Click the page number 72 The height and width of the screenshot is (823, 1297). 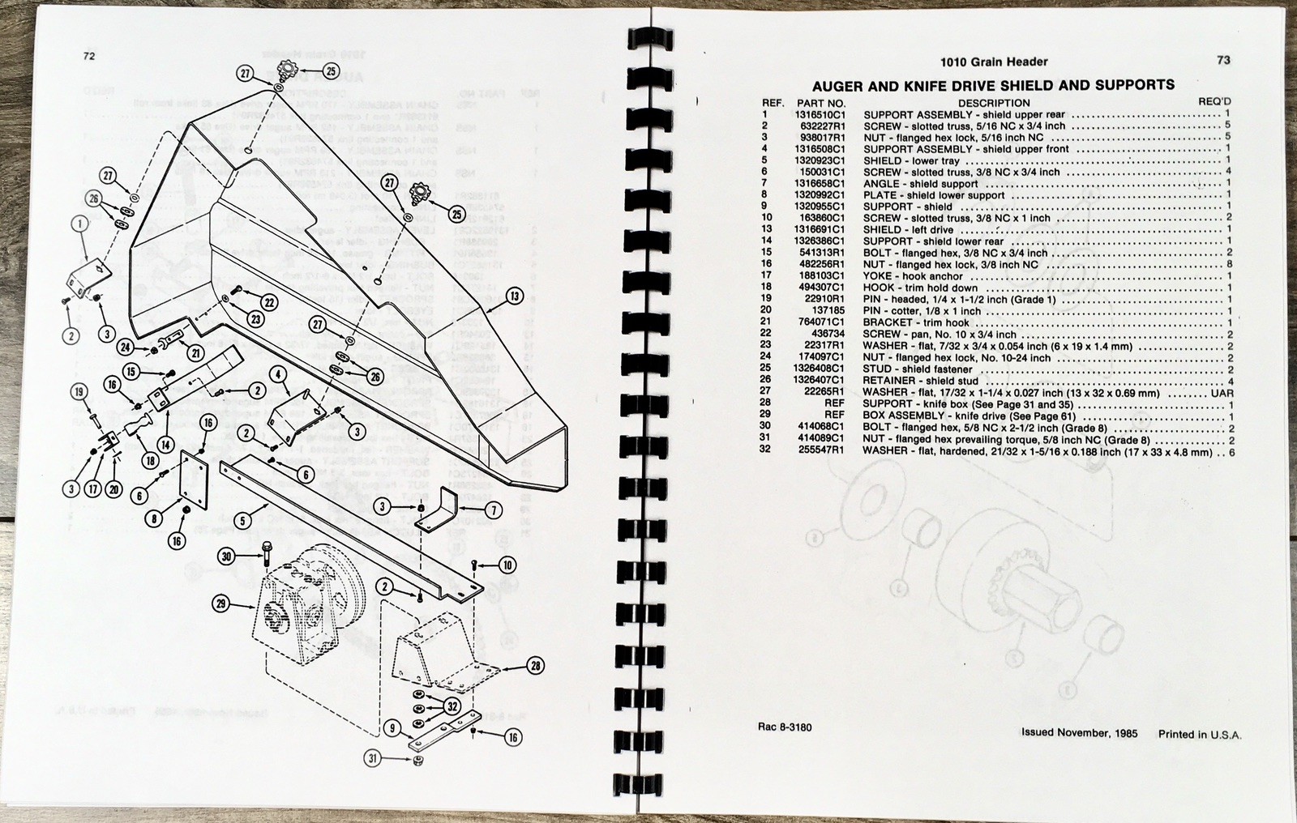(89, 56)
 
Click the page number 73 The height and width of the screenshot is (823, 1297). (1223, 60)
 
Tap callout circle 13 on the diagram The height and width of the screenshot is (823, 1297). (514, 296)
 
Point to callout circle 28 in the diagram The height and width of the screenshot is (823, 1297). (534, 667)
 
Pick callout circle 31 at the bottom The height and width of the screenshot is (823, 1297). (372, 759)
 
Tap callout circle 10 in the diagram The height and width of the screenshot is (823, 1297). (507, 565)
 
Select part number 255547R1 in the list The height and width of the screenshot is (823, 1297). (822, 450)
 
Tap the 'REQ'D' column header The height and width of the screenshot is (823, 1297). (1214, 103)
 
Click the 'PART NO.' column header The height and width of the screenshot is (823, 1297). (820, 104)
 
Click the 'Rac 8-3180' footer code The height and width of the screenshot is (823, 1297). (778, 727)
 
